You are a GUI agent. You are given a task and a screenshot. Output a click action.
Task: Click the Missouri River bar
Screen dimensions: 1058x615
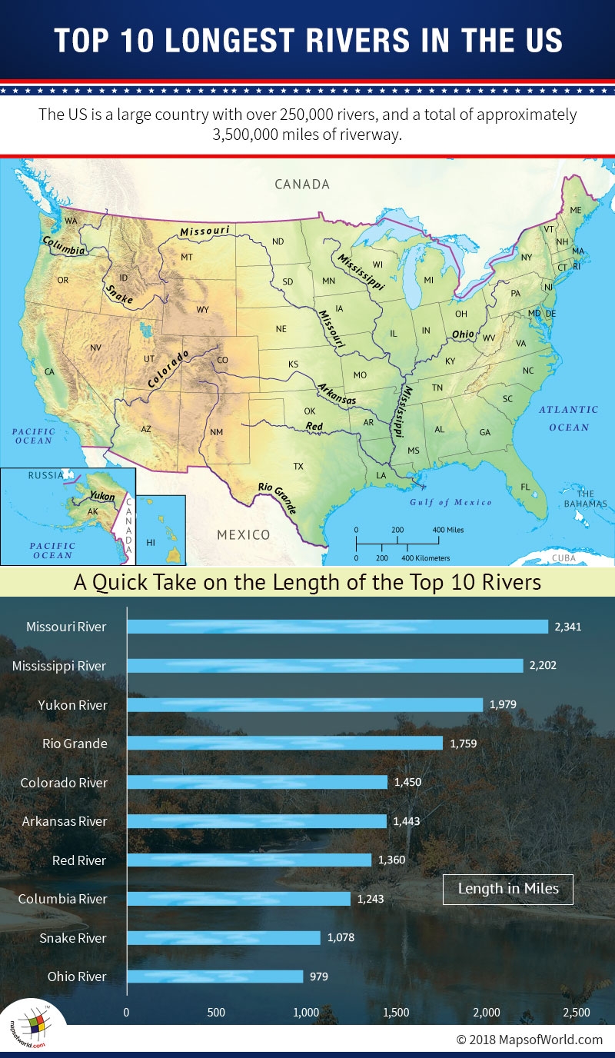tap(337, 627)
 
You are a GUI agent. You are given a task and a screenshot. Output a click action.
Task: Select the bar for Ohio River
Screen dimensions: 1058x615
tap(214, 976)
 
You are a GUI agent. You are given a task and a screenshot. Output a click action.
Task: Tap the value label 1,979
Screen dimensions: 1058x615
tap(504, 704)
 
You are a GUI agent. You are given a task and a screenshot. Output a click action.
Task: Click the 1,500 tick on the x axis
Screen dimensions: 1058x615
tap(396, 1012)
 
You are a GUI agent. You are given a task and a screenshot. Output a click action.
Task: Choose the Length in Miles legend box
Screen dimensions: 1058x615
tap(507, 889)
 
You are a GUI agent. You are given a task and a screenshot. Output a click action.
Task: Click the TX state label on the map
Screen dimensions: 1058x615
tap(298, 467)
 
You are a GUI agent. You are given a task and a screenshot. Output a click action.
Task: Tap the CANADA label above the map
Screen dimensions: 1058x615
tap(302, 185)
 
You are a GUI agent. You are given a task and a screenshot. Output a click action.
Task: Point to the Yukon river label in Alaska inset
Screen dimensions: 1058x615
tap(102, 497)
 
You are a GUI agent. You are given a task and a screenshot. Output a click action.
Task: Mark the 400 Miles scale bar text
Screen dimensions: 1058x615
tap(447, 530)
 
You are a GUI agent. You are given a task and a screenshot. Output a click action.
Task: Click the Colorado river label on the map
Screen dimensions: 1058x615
tap(168, 368)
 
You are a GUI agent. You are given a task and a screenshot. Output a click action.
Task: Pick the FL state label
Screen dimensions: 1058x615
tap(526, 487)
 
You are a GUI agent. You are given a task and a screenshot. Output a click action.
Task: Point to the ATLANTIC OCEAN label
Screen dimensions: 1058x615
tap(568, 418)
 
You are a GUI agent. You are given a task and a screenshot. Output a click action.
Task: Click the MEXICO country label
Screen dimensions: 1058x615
tap(243, 534)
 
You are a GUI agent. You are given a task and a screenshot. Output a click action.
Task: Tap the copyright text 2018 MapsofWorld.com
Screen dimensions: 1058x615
tap(530, 1039)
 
